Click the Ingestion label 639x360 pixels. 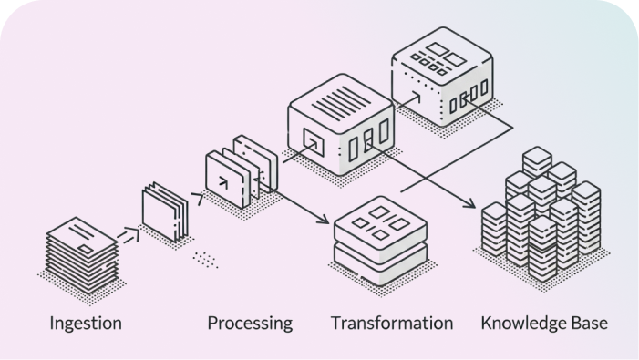86,323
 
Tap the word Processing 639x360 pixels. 250,323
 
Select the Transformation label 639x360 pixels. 391,323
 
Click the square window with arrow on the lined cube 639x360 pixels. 314,140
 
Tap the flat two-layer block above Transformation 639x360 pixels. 380,236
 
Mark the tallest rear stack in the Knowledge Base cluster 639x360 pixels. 537,164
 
